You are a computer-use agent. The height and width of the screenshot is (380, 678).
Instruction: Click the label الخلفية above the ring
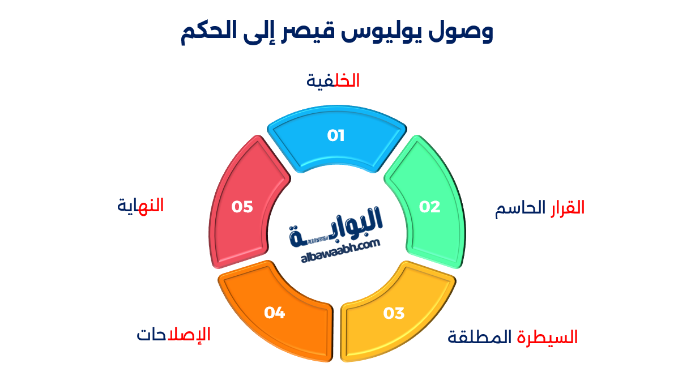coord(333,80)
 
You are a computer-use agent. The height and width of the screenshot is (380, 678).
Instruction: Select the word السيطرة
coord(547,338)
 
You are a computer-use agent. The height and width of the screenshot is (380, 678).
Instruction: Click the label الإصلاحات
coord(173,335)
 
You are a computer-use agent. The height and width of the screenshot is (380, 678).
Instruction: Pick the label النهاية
coord(140,206)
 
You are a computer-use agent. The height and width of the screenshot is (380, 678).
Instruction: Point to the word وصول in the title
coord(464,33)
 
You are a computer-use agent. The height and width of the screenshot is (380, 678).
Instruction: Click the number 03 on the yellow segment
coord(394,313)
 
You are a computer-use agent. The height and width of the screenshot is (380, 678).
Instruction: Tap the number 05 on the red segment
coord(242,207)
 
